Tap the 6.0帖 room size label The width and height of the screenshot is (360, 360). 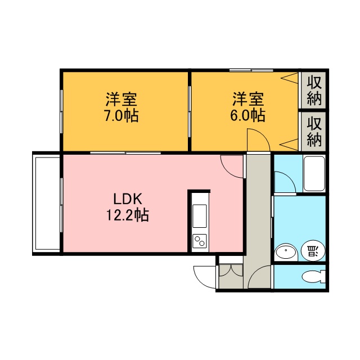(x=248, y=115)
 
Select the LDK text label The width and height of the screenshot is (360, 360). (x=128, y=199)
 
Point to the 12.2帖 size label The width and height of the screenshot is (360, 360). (x=128, y=215)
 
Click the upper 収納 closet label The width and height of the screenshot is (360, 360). (x=314, y=90)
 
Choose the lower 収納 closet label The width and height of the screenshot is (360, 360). (x=314, y=132)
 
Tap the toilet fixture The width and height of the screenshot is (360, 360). (x=314, y=277)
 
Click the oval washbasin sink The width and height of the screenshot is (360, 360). (x=286, y=252)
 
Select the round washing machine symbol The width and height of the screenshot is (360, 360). (x=313, y=250)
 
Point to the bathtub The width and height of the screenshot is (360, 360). (x=314, y=174)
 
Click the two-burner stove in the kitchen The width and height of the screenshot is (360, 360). (x=200, y=241)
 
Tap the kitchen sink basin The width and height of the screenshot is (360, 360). (x=200, y=216)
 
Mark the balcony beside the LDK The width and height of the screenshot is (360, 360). (x=47, y=204)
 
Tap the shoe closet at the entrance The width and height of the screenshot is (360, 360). (x=231, y=276)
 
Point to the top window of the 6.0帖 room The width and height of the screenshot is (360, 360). (x=251, y=70)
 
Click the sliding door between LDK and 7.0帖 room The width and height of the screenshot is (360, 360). (x=125, y=152)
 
